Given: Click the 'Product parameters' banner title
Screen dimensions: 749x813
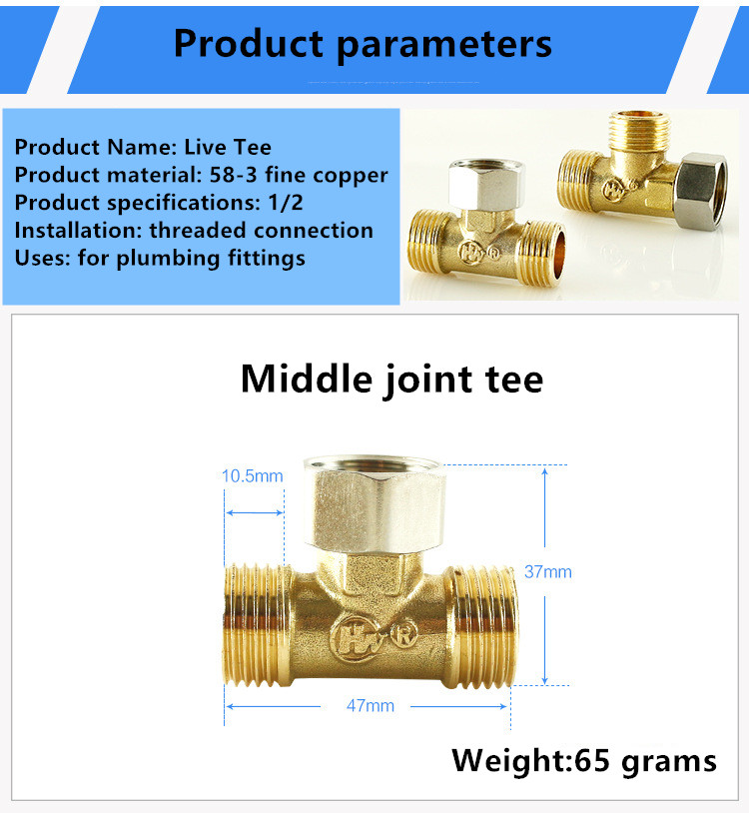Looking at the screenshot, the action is coord(363,45).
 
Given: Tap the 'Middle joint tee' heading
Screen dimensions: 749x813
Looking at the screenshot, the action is coord(391,380).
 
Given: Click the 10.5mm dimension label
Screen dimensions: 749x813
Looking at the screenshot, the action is coord(253,476).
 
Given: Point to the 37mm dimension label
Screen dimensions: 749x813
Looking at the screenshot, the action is coord(548,572).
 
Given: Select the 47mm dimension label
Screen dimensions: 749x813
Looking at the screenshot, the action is coord(371,706).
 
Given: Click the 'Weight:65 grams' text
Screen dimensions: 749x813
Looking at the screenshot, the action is coord(584,762).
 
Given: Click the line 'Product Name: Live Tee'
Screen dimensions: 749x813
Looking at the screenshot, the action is coord(143,147).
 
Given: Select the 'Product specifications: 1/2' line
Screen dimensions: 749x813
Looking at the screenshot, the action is coord(159,203).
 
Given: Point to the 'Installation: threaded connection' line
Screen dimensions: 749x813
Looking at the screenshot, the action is coord(194,230).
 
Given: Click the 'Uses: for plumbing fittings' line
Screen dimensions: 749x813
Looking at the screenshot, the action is coord(160,259).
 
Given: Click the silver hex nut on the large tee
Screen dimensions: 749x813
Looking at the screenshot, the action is coord(374,504).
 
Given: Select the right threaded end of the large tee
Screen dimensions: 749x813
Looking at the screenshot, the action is coord(484,627).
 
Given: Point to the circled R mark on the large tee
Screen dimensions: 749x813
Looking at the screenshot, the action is coord(404,634).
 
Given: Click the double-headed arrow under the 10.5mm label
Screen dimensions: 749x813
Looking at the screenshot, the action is coord(255,512).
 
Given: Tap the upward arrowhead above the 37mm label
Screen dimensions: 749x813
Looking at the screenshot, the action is coord(545,471).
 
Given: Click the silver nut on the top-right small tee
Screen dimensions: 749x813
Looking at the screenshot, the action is coord(700,191).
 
